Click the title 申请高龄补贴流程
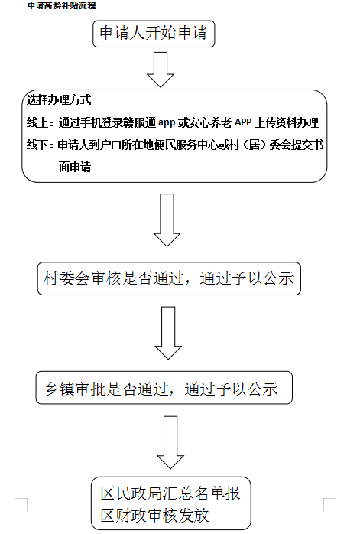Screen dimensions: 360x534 [62, 5]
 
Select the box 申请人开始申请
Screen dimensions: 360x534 [154, 34]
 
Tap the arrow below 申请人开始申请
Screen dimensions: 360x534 [161, 70]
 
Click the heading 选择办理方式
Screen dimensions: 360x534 [59, 99]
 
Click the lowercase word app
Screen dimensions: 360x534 [167, 122]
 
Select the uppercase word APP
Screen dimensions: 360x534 [243, 122]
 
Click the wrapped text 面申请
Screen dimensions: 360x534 [75, 167]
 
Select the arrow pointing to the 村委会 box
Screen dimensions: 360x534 [167, 220]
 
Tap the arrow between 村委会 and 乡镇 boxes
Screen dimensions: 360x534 [168, 333]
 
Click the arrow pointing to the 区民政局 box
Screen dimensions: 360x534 [170, 442]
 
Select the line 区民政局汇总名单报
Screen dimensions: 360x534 [170, 493]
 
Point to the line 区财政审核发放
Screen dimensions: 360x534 [155, 516]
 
